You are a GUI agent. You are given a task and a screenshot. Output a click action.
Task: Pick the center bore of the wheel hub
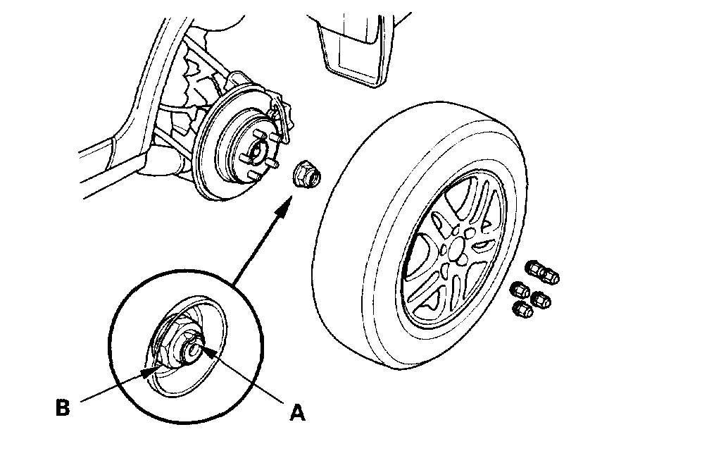coord(256,149)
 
